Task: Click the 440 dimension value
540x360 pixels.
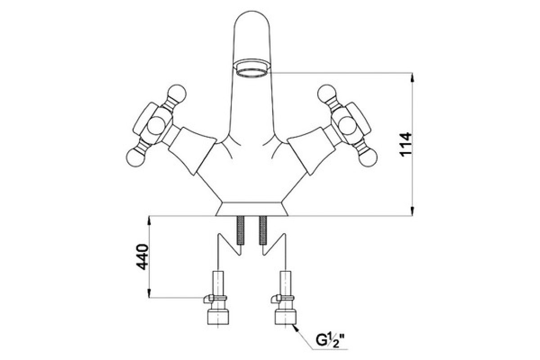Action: point(142,257)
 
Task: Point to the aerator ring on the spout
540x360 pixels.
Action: point(252,70)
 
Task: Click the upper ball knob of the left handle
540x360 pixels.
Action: point(177,94)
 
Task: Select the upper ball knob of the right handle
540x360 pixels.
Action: point(327,94)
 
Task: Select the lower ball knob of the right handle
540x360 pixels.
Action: point(368,157)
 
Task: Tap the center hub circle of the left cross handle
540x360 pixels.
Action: point(156,126)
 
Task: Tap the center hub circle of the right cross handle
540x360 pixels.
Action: point(347,126)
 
